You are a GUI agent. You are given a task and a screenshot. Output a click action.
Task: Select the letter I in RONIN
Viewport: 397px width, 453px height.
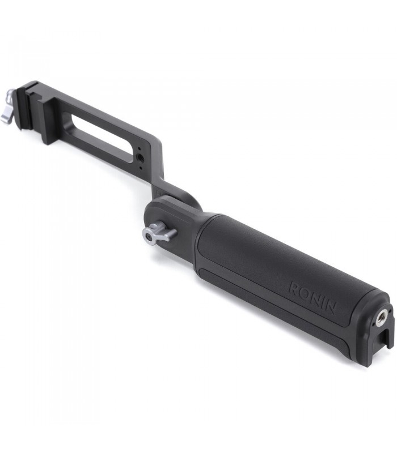coord(323,302)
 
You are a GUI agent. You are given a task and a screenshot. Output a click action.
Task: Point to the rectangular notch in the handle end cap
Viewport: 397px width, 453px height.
coord(386,338)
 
